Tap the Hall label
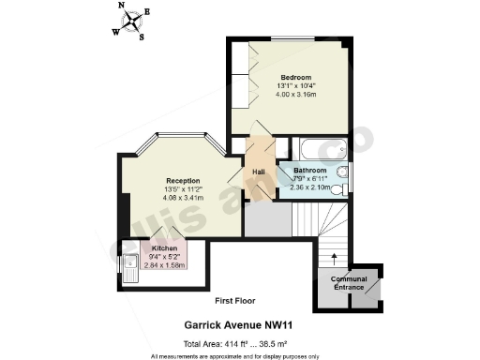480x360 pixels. point(260,172)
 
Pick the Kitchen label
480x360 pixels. point(164,248)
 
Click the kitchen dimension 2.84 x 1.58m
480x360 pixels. point(164,265)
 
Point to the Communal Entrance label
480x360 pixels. point(349,282)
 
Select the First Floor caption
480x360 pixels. point(236,301)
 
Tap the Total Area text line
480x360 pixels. point(241,345)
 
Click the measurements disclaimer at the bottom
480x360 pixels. point(241,356)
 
